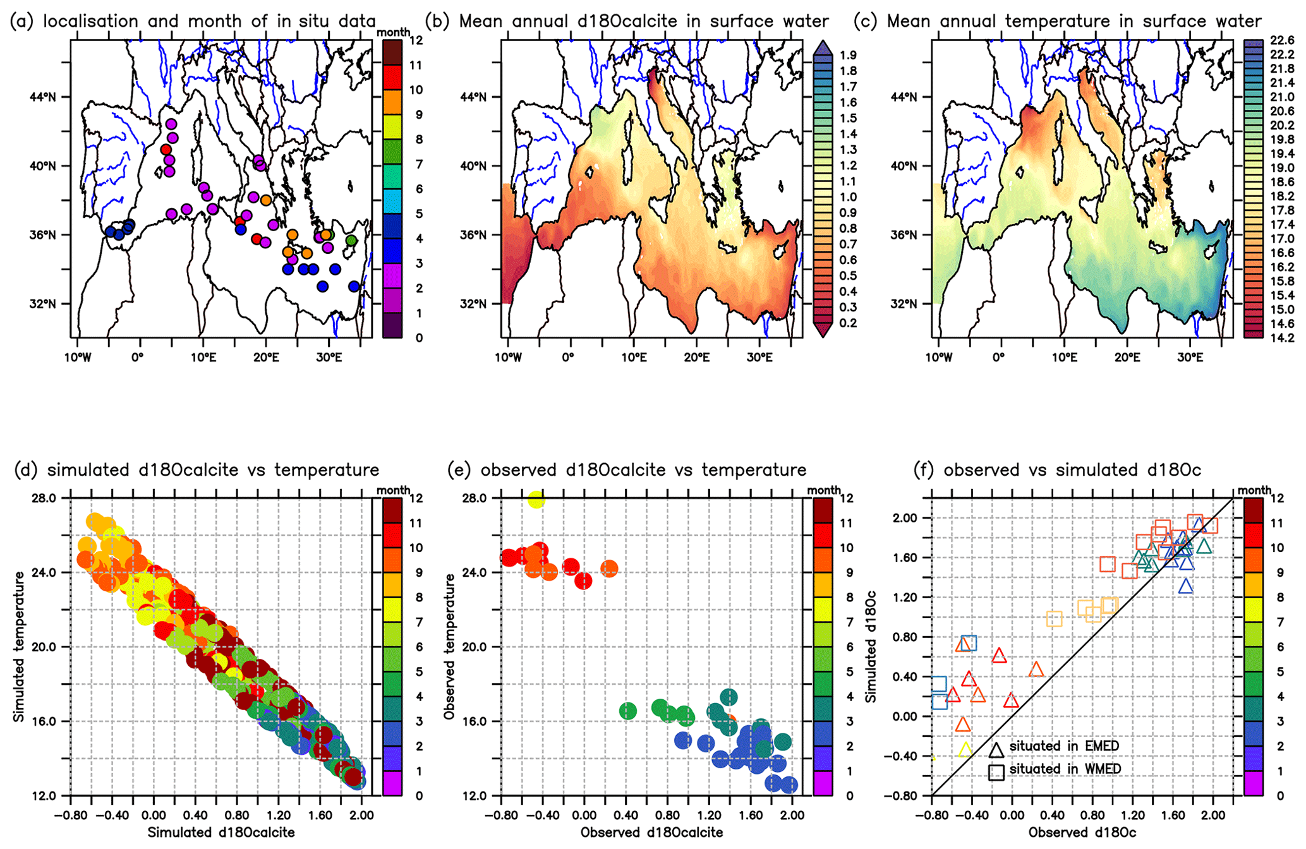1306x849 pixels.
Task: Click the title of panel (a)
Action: click(x=193, y=21)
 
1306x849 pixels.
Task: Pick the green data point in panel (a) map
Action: click(x=351, y=241)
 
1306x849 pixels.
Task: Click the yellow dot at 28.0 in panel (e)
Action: click(x=536, y=500)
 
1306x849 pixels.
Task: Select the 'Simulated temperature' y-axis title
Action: click(x=19, y=646)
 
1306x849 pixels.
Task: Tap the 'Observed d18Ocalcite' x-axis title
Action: click(x=651, y=833)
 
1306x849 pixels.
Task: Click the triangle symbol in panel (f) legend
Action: click(x=996, y=750)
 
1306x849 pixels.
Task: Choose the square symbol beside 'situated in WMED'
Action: click(x=996, y=772)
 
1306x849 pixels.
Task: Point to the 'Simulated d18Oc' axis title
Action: click(x=871, y=646)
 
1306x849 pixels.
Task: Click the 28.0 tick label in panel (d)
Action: click(x=44, y=498)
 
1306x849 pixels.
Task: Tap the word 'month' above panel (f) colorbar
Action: click(x=1254, y=490)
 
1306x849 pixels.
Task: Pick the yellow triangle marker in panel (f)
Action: click(x=965, y=750)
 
